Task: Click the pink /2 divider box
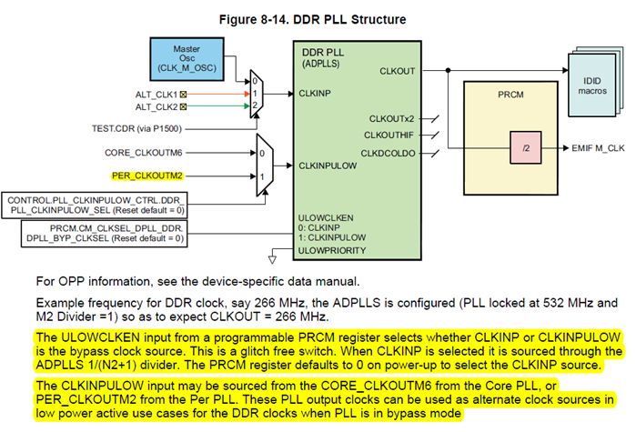click(515, 146)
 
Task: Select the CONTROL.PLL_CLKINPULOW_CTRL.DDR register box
click(96, 205)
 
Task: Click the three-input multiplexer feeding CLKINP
click(257, 94)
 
